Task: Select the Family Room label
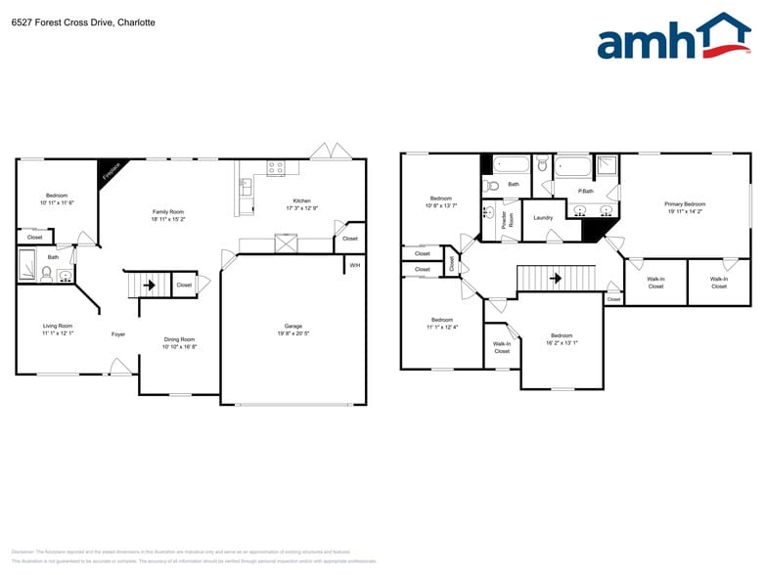[x=167, y=211]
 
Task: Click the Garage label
[x=293, y=326]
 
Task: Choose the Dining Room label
[x=179, y=339]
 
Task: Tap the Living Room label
[x=57, y=326]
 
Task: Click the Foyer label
[x=118, y=333]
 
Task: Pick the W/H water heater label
[x=354, y=265]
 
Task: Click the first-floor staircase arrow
[x=150, y=286]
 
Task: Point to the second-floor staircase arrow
[x=556, y=278]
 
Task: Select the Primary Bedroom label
[x=686, y=203]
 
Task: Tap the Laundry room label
[x=543, y=217]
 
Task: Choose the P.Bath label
[x=586, y=191]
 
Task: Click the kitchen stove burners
[x=276, y=167]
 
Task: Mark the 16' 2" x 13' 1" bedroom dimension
[x=561, y=342]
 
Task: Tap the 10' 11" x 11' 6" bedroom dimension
[x=57, y=202]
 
